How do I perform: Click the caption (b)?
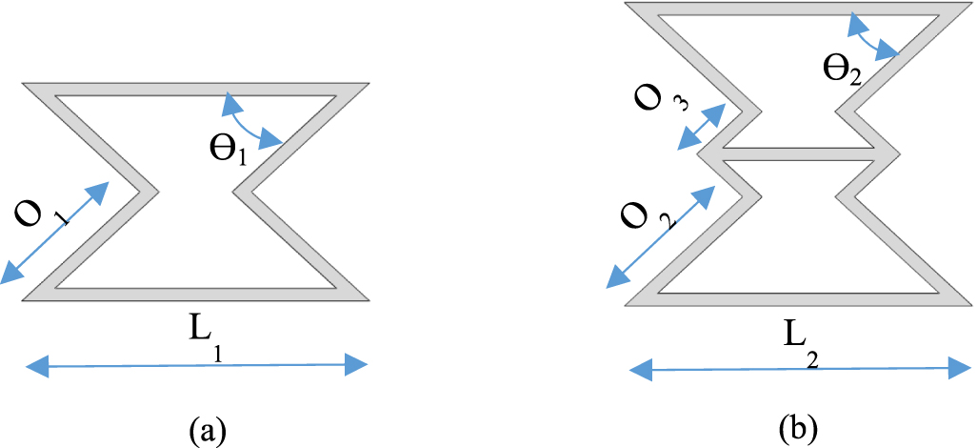[x=799, y=425]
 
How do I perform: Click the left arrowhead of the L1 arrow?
[x=34, y=363]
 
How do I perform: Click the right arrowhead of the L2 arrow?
[x=956, y=367]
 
